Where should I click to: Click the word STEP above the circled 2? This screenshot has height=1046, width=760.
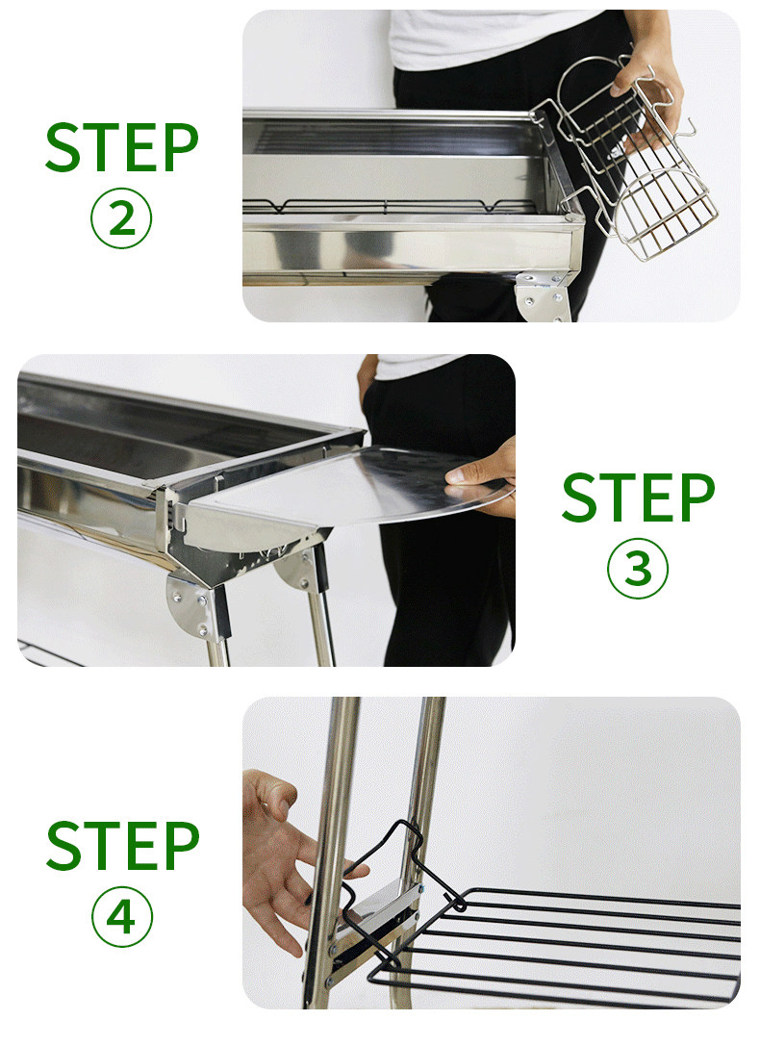(122, 147)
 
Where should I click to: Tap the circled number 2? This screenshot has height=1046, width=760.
(121, 218)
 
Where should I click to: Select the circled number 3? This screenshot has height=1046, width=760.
(638, 569)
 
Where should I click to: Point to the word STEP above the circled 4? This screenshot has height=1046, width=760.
(123, 846)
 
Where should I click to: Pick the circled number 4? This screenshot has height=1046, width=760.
(122, 917)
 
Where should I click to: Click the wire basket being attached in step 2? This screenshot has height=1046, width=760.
(633, 166)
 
